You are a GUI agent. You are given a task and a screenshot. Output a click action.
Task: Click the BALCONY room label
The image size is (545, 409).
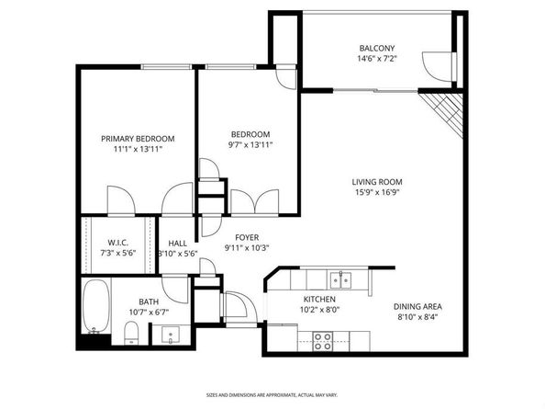tap(376, 48)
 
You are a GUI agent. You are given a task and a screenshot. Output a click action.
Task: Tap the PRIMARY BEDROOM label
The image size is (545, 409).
tap(138, 139)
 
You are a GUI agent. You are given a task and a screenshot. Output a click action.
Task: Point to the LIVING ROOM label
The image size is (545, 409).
tap(378, 181)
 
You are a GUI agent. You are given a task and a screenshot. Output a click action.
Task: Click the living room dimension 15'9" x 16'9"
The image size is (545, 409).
tap(378, 192)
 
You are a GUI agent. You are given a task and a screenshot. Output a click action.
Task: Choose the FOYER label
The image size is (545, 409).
tap(247, 236)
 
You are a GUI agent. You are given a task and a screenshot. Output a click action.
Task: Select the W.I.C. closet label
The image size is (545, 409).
tap(117, 243)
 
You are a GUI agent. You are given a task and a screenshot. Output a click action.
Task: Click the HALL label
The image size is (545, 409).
tap(177, 243)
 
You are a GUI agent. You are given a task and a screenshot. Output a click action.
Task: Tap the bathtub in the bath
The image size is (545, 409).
tap(95, 308)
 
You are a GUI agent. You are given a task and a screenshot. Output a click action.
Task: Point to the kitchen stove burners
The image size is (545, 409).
tap(323, 341)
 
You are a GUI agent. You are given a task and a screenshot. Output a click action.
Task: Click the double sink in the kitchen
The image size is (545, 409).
tap(339, 278)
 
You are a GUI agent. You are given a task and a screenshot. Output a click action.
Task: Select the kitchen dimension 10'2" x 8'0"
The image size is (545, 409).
tap(319, 311)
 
